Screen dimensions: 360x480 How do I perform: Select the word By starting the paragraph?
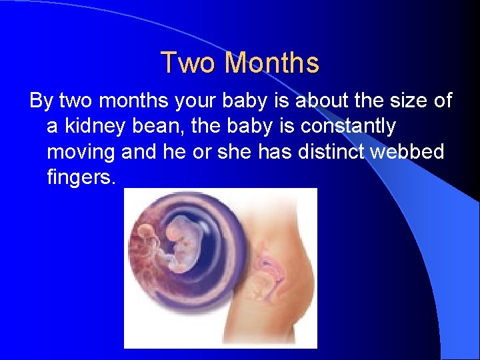pos(41,101)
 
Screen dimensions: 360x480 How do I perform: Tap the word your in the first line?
pos(194,101)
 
